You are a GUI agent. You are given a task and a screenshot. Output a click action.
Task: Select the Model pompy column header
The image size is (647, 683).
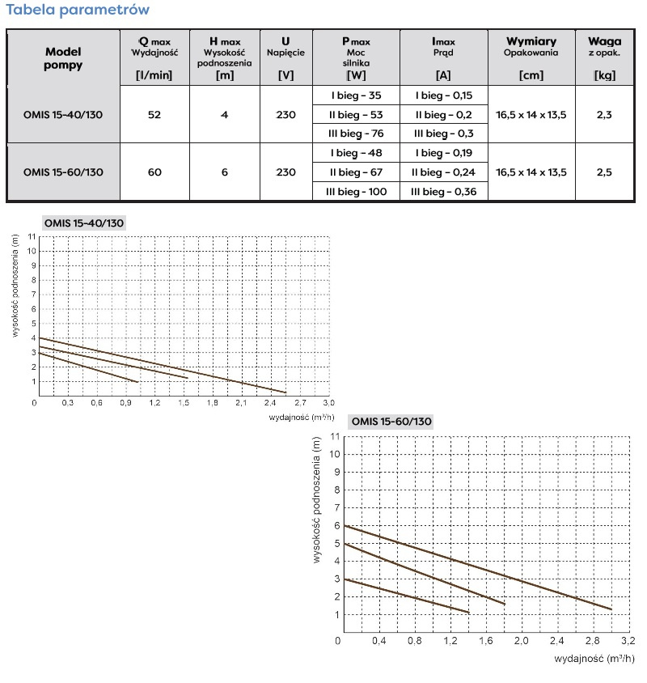pyautogui.click(x=63, y=58)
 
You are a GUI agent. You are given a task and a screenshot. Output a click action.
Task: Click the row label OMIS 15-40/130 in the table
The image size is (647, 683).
pyautogui.click(x=64, y=114)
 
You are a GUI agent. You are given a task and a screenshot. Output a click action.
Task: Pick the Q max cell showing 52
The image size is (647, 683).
pyautogui.click(x=154, y=114)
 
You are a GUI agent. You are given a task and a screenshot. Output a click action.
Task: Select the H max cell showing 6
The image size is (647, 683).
pyautogui.click(x=224, y=172)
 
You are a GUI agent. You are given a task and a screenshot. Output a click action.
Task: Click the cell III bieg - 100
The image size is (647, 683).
pyautogui.click(x=358, y=191)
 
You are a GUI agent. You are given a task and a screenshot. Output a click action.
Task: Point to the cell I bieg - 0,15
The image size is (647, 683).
pyautogui.click(x=444, y=95)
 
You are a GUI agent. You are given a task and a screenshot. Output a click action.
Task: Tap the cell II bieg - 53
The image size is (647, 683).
pyautogui.click(x=358, y=114)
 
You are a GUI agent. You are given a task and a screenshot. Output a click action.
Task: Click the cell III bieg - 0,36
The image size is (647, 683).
pyautogui.click(x=444, y=191)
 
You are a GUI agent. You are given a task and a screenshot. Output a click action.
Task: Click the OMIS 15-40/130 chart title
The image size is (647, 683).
pyautogui.click(x=83, y=223)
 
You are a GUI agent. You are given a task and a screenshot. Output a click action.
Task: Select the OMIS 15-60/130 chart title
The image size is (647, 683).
pyautogui.click(x=391, y=422)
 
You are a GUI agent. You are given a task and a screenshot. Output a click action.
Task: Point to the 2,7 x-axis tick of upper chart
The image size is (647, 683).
pyautogui.click(x=299, y=402)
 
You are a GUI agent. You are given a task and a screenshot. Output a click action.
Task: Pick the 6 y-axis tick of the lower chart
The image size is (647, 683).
pyautogui.click(x=336, y=525)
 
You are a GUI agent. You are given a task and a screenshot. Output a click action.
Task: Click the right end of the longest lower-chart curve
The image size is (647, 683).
pyautogui.click(x=611, y=609)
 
